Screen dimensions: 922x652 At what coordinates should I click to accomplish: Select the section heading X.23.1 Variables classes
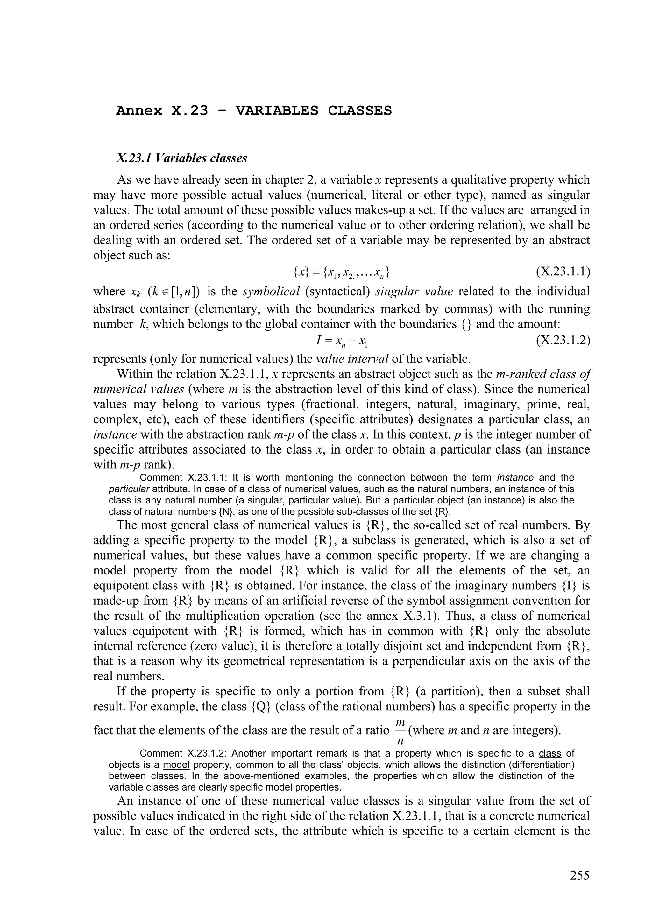(181, 158)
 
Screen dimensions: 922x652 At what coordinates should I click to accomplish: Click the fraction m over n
(400, 732)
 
